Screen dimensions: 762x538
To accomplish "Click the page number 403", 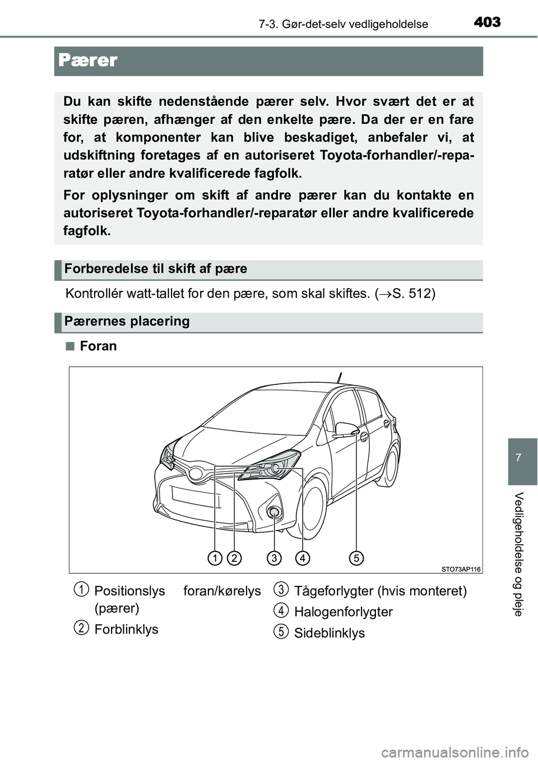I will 486,22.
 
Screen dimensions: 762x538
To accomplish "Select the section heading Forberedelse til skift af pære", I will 155,269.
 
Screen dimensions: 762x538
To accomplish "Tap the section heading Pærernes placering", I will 127,322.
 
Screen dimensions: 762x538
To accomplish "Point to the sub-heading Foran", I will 98,346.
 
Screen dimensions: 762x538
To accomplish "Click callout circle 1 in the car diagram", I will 214,557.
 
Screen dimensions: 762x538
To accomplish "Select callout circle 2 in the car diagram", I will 235,557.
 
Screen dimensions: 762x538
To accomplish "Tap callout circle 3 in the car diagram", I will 274,557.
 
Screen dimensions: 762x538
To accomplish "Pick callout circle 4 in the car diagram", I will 303,557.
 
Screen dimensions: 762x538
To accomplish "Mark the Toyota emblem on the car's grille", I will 196,474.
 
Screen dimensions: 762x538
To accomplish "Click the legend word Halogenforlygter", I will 343,612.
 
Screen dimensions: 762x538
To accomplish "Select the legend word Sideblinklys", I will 329,633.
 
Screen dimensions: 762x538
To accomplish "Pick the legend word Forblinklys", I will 126,629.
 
